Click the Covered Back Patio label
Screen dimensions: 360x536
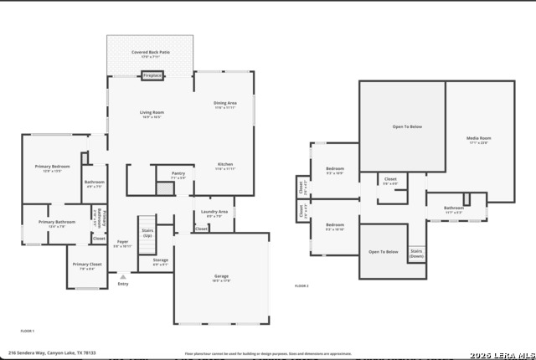tap(151, 54)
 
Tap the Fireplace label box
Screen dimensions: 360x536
tap(152, 75)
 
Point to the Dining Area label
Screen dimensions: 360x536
tap(224, 105)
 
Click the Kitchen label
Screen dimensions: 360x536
tap(224, 166)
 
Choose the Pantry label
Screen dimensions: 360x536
tap(178, 174)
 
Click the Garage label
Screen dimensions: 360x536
tap(221, 277)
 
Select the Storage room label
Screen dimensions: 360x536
tap(160, 261)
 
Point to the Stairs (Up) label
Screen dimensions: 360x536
tap(147, 232)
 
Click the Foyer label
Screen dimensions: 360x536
tap(122, 244)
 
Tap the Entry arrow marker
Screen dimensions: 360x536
tap(123, 275)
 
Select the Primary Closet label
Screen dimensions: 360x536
tap(86, 267)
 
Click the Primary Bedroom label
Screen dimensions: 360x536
tap(52, 168)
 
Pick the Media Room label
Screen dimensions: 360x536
tap(478, 139)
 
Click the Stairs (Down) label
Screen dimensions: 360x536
tap(416, 253)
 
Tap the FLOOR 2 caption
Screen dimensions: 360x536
tap(301, 286)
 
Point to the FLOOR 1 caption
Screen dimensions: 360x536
tap(27, 332)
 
